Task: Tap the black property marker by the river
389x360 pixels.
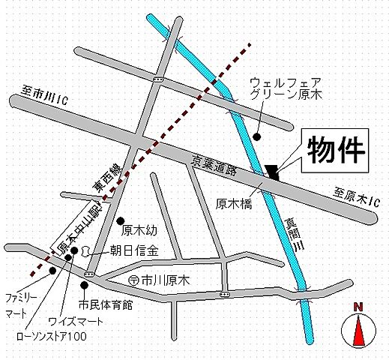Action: point(271,173)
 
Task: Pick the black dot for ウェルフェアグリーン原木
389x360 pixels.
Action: point(256,136)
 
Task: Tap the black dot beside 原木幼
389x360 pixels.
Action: point(121,220)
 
